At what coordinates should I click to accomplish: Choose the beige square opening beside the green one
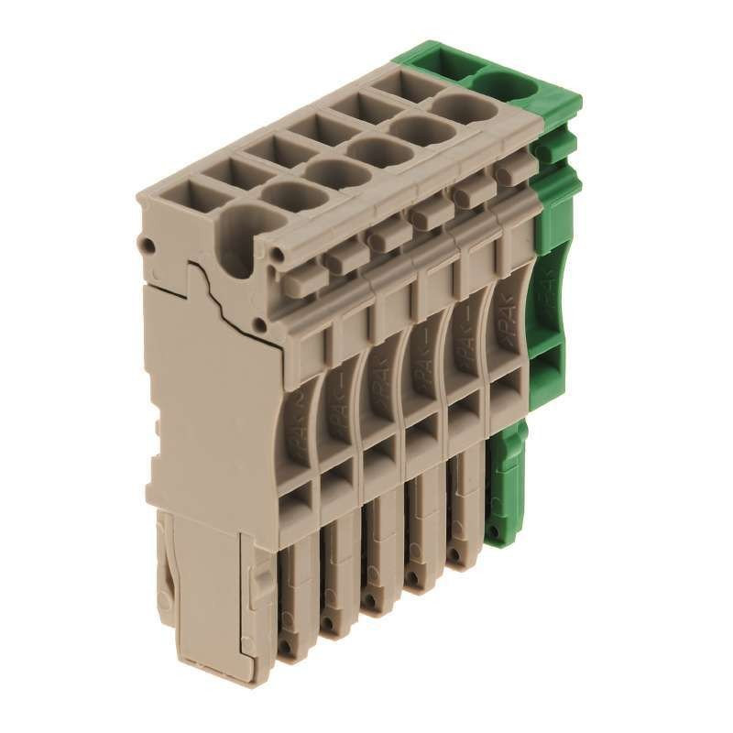397,86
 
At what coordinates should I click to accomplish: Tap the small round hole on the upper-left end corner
146,245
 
